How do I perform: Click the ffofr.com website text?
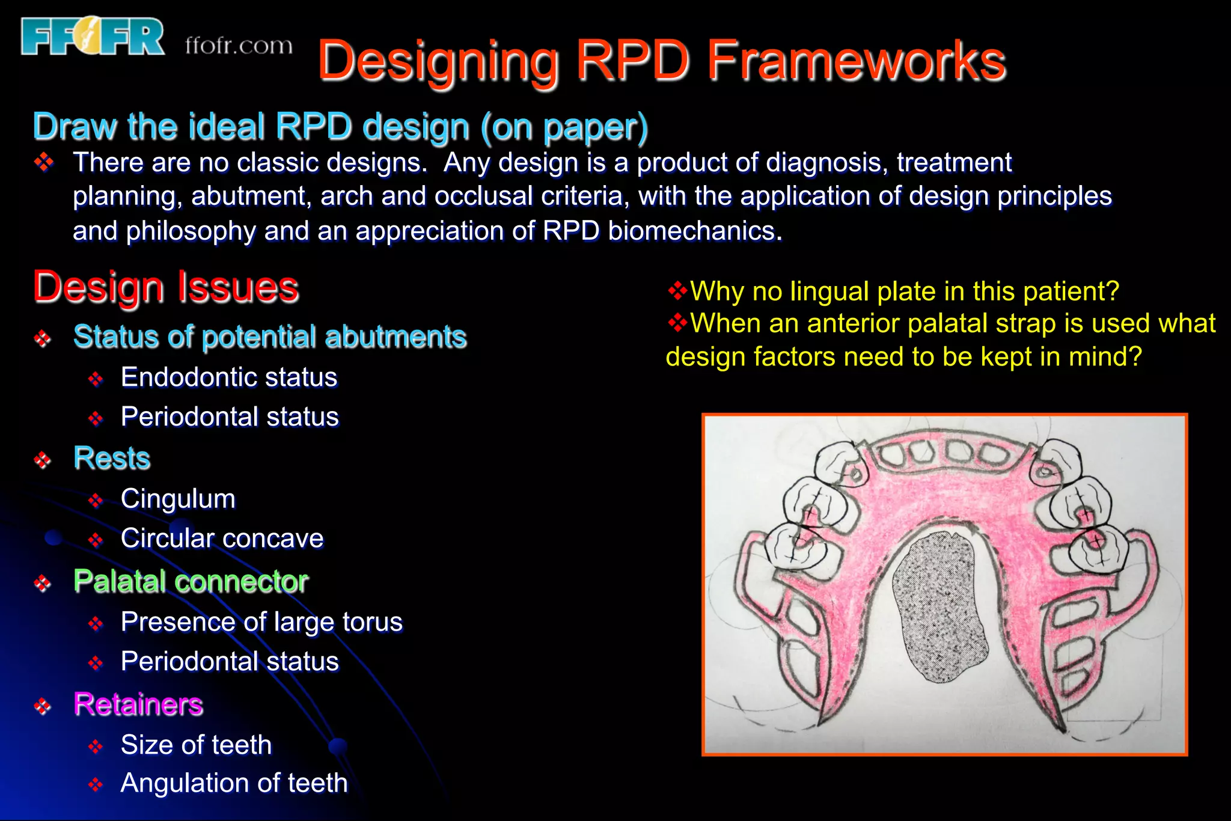239,46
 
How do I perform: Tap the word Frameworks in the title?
856,61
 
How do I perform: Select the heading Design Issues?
166,287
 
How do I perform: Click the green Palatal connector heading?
191,581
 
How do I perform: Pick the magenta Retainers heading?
138,704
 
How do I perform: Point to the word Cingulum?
178,499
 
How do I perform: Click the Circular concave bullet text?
222,539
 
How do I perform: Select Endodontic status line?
229,377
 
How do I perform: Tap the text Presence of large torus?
261,622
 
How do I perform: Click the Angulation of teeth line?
234,783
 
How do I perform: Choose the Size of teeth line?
196,745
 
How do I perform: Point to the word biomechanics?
694,231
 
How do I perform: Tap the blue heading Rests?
112,458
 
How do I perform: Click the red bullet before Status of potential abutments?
43,338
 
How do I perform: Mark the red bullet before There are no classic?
44,162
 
